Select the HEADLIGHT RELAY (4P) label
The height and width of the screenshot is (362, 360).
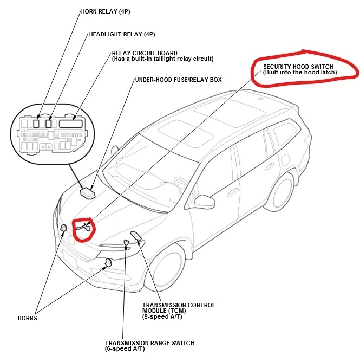point(122,34)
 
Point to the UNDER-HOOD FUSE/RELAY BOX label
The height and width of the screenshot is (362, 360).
point(178,80)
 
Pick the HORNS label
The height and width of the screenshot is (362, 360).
point(27,318)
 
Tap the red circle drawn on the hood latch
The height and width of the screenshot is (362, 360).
point(84,230)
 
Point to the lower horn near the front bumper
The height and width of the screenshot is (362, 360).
point(108,263)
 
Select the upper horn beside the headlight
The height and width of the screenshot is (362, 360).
point(63,228)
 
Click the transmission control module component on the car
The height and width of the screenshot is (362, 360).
point(136,236)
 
